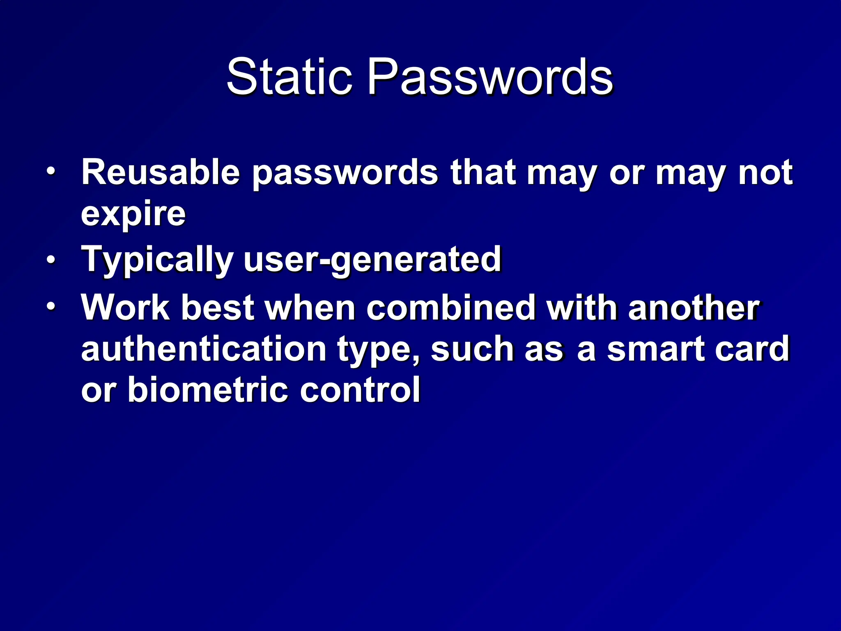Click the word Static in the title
click(x=289, y=77)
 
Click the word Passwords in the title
click(x=489, y=77)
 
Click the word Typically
click(x=157, y=260)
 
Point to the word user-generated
click(x=372, y=260)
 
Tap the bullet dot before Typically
click(x=50, y=260)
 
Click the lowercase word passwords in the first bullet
click(x=345, y=173)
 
